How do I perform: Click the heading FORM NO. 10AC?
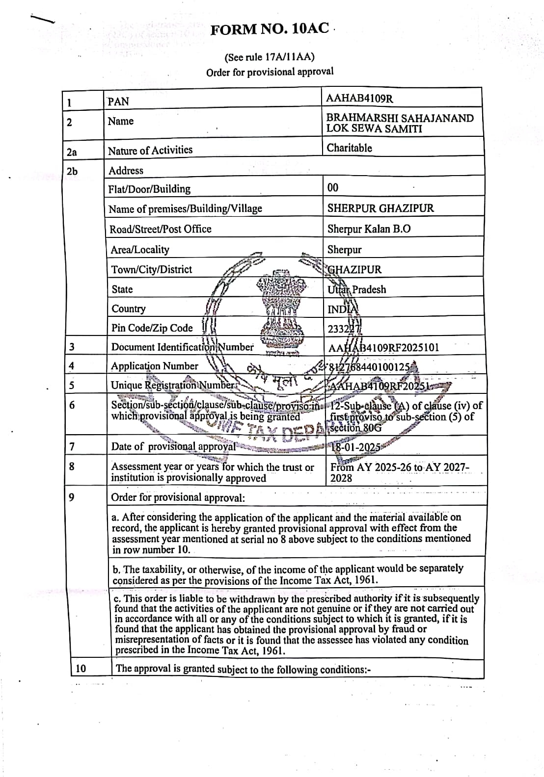(x=270, y=29)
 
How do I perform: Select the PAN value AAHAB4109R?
(x=359, y=98)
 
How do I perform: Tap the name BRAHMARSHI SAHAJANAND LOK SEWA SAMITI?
(x=400, y=123)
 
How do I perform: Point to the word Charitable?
(x=349, y=148)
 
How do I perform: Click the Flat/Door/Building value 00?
(x=332, y=187)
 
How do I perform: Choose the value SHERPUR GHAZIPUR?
(x=381, y=208)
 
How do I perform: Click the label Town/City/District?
(x=152, y=269)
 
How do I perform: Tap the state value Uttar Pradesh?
(x=356, y=289)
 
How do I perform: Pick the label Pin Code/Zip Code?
(x=152, y=328)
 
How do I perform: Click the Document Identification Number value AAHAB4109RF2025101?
(x=383, y=348)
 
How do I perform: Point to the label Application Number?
(x=154, y=366)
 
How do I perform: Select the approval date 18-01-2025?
(x=356, y=447)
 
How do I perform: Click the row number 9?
(x=72, y=497)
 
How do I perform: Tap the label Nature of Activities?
(x=150, y=150)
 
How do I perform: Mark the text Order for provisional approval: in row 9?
(x=178, y=497)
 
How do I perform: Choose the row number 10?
(x=81, y=668)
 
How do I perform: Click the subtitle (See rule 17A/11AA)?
(x=270, y=57)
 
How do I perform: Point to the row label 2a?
(x=72, y=152)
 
